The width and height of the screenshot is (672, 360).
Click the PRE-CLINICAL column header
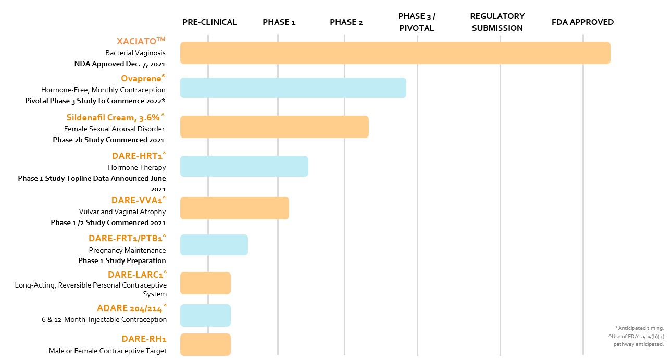point(209,22)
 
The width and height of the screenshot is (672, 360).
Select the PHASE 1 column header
point(279,22)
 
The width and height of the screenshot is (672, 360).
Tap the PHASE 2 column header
point(346,22)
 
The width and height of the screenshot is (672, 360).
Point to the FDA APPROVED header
point(582,22)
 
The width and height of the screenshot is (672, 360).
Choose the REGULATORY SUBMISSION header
point(497,22)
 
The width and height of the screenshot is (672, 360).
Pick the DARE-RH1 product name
point(144,339)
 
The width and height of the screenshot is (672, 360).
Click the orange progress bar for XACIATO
point(395,53)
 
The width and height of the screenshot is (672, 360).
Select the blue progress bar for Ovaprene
point(293,88)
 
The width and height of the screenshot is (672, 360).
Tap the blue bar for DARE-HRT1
point(244,166)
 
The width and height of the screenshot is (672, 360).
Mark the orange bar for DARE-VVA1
point(234,208)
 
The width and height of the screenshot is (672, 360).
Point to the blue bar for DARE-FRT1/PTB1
point(214,245)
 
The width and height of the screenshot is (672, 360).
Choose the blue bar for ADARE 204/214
point(205,316)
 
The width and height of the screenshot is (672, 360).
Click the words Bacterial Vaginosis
point(135,53)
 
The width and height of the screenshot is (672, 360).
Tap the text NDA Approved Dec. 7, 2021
point(120,65)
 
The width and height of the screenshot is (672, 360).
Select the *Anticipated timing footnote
point(639,328)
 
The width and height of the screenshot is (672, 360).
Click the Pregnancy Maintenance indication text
point(127,250)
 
